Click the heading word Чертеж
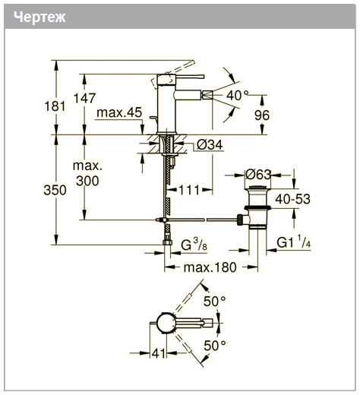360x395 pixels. (39, 17)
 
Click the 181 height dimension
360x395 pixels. (55, 106)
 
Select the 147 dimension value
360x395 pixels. (84, 98)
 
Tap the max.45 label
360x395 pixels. (119, 112)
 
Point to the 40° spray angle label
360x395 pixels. (237, 96)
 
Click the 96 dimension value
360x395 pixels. (262, 115)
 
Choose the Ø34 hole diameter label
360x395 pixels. (210, 145)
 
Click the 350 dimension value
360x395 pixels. (55, 190)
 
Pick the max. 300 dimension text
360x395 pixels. (87, 173)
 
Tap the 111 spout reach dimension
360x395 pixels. (189, 190)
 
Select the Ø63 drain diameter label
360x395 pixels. (258, 175)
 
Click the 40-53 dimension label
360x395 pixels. (293, 199)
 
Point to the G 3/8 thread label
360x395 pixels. (194, 245)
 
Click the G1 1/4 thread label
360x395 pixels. (294, 242)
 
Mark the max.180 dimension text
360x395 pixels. (210, 267)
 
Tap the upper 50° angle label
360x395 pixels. (215, 301)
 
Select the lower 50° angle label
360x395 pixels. (215, 345)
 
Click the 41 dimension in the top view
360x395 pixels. (159, 353)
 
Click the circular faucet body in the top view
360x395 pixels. (166, 323)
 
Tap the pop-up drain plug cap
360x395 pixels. (258, 188)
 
